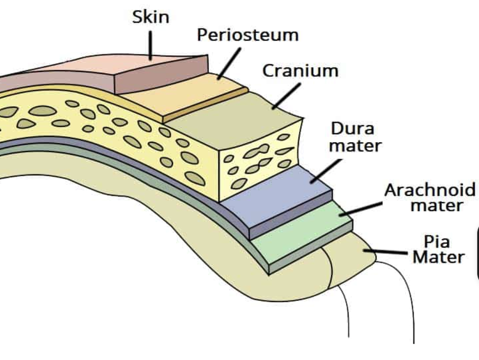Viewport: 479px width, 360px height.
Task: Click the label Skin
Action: (150, 17)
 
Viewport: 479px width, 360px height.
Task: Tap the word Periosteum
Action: (248, 35)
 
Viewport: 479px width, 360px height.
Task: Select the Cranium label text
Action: (300, 70)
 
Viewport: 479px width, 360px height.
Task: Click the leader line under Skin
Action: (150, 45)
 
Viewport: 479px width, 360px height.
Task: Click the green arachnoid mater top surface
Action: (305, 233)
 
